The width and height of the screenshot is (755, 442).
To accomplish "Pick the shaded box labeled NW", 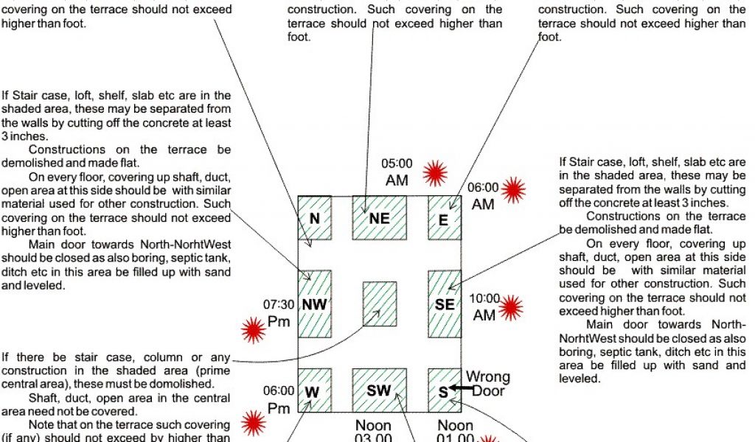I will [315, 304].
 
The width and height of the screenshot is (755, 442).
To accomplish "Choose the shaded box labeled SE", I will [444, 304].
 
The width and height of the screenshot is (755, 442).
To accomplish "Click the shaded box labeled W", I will [313, 390].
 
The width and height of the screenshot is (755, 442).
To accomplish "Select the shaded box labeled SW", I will [379, 390].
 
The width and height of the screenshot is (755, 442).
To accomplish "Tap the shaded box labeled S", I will [443, 390].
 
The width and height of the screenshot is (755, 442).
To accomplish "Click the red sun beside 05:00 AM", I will [436, 174].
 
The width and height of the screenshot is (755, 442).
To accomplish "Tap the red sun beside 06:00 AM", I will [513, 189].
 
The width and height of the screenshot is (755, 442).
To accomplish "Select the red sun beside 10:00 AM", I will [510, 306].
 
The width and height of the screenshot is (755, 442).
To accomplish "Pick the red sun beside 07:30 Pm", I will [254, 329].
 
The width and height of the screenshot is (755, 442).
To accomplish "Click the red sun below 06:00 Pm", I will [254, 422].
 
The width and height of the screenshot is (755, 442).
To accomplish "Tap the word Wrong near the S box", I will [487, 378].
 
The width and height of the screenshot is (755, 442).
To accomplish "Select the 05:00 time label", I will [397, 164].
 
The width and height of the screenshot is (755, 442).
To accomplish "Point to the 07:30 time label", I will [279, 304].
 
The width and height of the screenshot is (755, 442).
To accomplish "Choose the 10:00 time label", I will [484, 299].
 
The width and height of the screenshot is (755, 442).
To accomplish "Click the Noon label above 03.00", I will [373, 425].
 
